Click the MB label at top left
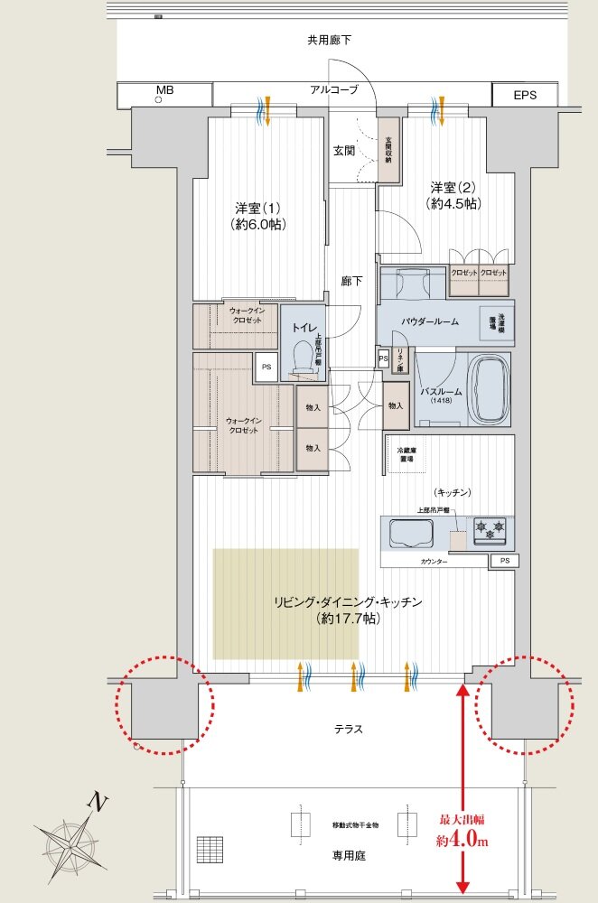(x=164, y=90)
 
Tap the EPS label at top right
(x=525, y=93)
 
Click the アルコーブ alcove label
(x=334, y=89)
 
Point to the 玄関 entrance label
(x=343, y=150)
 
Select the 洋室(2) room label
(x=453, y=196)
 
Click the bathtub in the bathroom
(x=492, y=391)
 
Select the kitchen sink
(x=410, y=532)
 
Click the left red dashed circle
(x=164, y=703)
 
